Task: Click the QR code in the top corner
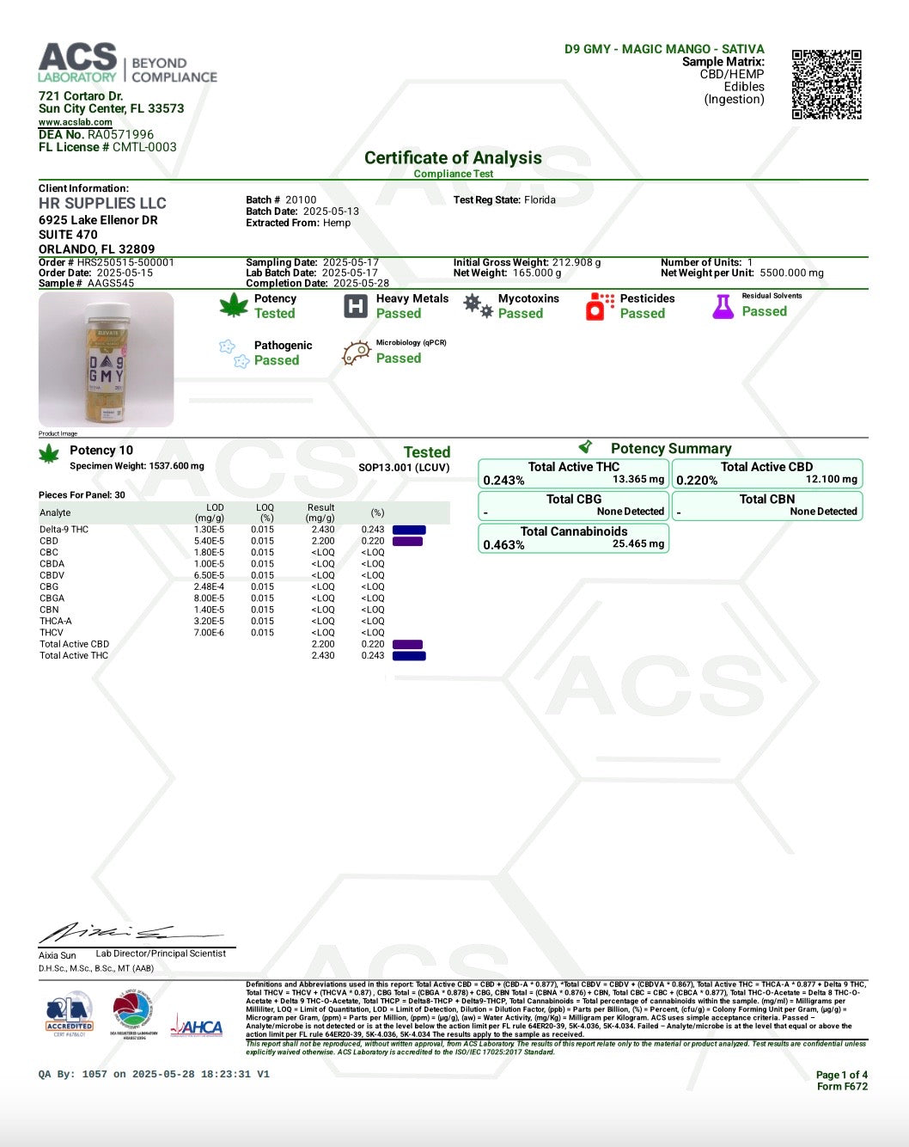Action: (x=826, y=84)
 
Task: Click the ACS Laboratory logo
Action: (x=127, y=64)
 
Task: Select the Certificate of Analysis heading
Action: (x=453, y=157)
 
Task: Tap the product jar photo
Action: (x=107, y=359)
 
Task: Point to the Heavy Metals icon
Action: (x=355, y=306)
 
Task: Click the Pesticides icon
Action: (x=599, y=306)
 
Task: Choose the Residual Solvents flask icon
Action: (x=723, y=306)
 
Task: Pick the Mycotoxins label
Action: (x=528, y=298)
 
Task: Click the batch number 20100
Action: (x=301, y=199)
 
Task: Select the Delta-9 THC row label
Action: (x=64, y=530)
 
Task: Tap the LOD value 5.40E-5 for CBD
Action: (x=209, y=541)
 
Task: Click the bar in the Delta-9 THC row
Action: (x=409, y=530)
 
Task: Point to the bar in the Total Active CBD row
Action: (x=407, y=644)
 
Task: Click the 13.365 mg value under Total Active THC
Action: (x=638, y=480)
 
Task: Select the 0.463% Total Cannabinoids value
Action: (x=503, y=545)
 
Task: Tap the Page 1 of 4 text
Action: (x=841, y=1075)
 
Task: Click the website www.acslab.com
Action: (x=75, y=122)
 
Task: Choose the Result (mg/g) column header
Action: (x=320, y=512)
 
